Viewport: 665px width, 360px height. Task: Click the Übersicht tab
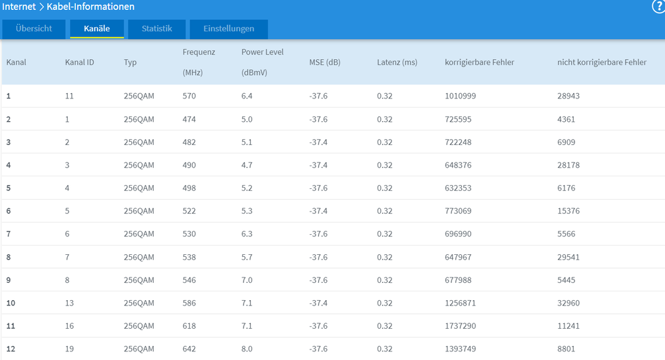[x=33, y=29]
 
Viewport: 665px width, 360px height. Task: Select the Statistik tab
[x=156, y=29]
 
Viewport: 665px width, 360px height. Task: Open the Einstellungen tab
[x=228, y=29]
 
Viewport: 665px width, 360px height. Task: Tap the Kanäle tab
[x=97, y=29]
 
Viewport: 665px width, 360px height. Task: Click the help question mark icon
[x=658, y=7]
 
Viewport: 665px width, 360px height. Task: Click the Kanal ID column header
[x=79, y=63]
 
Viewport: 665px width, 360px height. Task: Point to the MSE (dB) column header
[x=324, y=63]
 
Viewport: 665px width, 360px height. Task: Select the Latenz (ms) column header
[x=397, y=63]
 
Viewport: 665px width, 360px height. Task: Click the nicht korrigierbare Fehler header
[x=602, y=63]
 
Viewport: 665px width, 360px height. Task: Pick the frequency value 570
[x=189, y=96]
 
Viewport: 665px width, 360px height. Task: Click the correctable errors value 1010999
[x=460, y=96]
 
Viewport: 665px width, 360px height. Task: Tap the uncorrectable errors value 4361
[x=566, y=119]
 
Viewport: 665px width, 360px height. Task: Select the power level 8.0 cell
[x=247, y=349]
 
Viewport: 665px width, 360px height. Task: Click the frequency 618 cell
[x=189, y=326]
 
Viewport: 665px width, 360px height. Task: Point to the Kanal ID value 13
[x=69, y=303]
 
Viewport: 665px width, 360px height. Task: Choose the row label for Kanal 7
[x=9, y=234]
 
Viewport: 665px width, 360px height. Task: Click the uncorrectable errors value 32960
[x=568, y=303]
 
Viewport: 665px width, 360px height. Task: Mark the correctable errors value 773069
[x=458, y=211]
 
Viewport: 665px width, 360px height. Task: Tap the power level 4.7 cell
[x=247, y=166]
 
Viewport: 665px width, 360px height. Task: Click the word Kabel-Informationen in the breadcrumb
[x=91, y=7]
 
